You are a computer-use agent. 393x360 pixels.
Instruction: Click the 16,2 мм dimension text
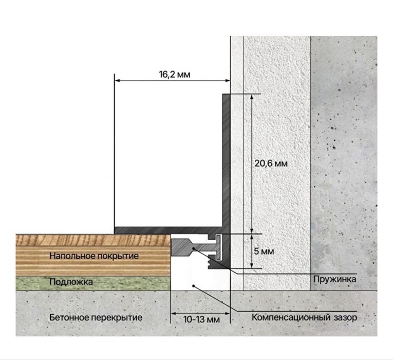point(175,75)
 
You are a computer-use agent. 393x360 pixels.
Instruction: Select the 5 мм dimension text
point(264,251)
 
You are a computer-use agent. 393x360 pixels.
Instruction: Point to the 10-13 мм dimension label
point(201,319)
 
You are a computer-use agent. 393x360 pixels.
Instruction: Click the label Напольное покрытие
point(94,256)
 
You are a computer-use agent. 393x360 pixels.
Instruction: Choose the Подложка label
point(71,282)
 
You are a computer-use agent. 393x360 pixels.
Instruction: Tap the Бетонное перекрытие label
point(96,318)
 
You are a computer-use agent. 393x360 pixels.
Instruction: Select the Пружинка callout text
point(334,279)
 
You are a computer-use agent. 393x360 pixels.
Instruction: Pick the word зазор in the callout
point(345,318)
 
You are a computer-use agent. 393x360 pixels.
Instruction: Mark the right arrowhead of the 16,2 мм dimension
point(227,81)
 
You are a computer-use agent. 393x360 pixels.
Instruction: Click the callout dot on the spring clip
point(194,248)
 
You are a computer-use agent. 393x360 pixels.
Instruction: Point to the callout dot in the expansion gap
point(194,285)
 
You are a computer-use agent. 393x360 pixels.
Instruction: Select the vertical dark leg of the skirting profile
point(226,160)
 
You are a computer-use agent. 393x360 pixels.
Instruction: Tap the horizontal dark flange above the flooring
point(168,230)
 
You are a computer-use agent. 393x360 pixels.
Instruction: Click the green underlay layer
point(93,283)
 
